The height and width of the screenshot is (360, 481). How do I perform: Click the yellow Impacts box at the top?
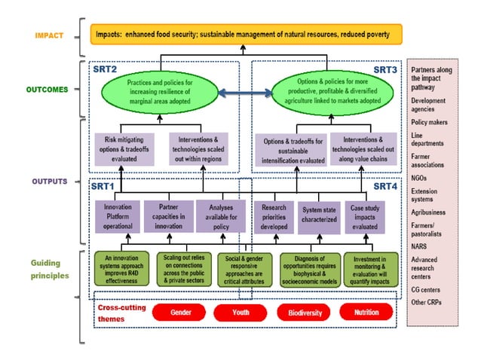[x=247, y=34]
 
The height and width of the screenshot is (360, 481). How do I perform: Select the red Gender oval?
[x=180, y=312]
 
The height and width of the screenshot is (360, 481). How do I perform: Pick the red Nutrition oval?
[x=366, y=312]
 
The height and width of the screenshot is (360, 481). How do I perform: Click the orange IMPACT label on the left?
[x=47, y=35]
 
